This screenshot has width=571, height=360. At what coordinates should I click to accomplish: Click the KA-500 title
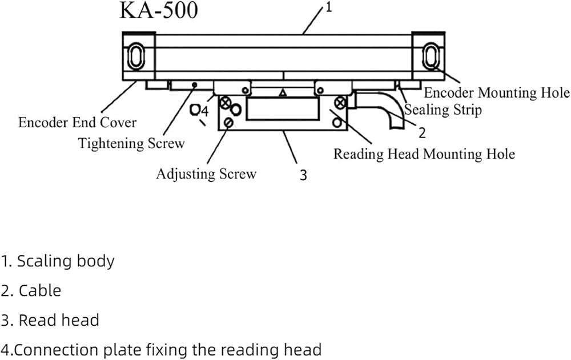click(x=158, y=10)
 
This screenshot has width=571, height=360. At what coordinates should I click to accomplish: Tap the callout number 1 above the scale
click(x=328, y=7)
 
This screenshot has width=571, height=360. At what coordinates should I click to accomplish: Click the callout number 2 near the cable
click(x=422, y=133)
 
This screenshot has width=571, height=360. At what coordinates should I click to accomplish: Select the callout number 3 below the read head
click(x=303, y=175)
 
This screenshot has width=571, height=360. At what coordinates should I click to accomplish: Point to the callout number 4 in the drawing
click(x=205, y=111)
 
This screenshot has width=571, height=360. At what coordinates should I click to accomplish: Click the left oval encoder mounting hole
click(x=136, y=56)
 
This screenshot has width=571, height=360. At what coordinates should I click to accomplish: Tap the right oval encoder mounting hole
click(x=431, y=56)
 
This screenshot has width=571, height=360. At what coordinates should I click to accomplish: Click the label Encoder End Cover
click(x=77, y=122)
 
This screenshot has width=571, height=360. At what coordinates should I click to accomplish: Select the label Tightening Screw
click(x=131, y=143)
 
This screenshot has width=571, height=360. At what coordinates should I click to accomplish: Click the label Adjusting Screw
click(x=206, y=174)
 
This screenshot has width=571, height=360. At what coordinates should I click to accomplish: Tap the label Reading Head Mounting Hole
click(x=424, y=154)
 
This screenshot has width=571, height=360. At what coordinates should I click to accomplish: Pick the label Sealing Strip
click(x=443, y=110)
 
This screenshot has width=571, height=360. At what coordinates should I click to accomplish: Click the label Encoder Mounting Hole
click(x=497, y=92)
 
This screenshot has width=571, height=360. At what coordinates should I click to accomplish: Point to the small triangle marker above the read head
click(x=283, y=93)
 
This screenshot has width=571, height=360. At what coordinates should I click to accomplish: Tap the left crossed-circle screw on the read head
click(x=226, y=103)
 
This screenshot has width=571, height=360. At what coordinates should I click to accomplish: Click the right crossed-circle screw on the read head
click(x=340, y=103)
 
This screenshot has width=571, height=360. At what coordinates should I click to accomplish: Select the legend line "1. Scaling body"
click(x=58, y=261)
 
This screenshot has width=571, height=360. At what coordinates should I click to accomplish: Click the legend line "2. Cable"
click(x=31, y=291)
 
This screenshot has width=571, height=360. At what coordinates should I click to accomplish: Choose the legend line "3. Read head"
click(x=50, y=320)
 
